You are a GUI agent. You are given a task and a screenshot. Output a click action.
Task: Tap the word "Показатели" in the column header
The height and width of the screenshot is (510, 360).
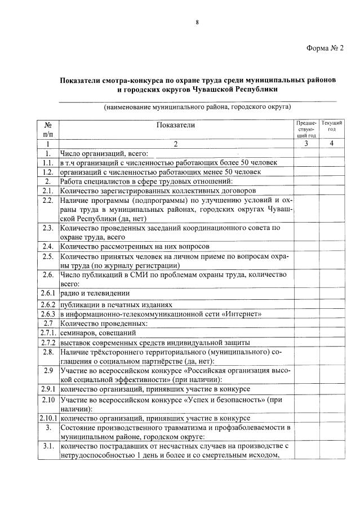[175, 125]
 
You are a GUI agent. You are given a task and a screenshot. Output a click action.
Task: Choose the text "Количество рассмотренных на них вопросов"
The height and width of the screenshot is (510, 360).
[135, 246]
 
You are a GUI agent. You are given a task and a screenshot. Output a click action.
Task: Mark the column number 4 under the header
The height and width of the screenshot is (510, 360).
[332, 144]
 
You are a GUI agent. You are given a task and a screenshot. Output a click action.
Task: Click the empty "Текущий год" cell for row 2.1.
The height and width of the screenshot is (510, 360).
[332, 190]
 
